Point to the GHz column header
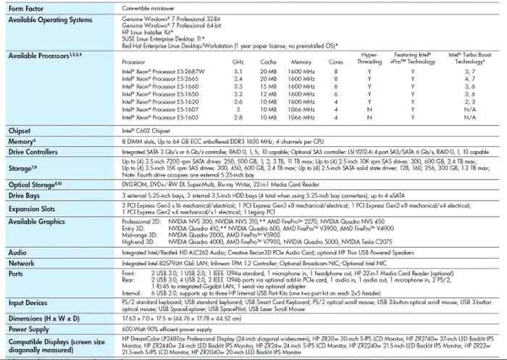pyautogui.click(x=238, y=62)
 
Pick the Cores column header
pyautogui.click(x=335, y=62)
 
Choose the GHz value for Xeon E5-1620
pyautogui.click(x=238, y=102)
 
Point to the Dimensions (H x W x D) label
pyautogui.click(x=44, y=317)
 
